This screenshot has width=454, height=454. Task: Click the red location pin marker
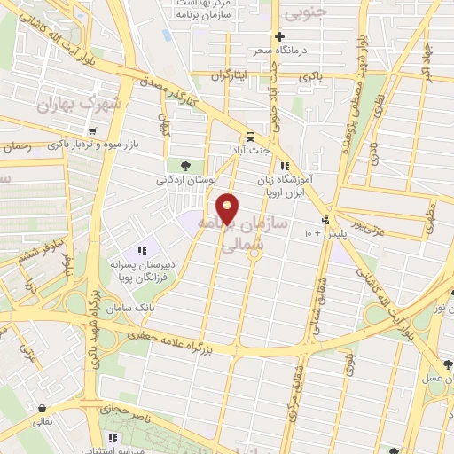[x=228, y=207]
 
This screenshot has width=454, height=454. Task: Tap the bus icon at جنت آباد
[x=251, y=137]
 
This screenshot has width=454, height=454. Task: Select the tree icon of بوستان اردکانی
[x=184, y=165]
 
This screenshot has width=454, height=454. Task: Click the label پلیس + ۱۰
[x=320, y=233]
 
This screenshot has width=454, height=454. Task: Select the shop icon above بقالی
[x=41, y=408]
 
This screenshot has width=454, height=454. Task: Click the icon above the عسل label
[x=447, y=364]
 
